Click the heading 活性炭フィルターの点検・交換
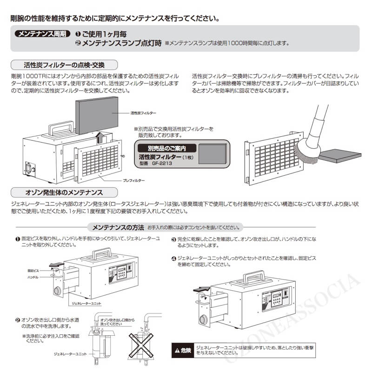tap(64, 65)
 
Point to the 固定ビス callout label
tap(34, 270)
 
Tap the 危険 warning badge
tap(183, 349)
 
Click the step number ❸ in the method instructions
tap(173, 239)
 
